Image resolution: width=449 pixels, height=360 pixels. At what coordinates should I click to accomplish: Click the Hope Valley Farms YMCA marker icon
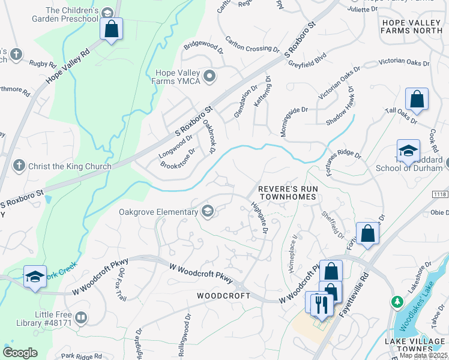coord(209,76)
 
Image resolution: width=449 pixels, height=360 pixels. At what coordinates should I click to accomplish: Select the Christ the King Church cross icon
coord(19,166)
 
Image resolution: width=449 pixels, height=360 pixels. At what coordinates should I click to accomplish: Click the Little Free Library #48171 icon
coord(81,317)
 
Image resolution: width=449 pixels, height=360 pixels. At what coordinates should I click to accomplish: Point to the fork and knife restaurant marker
coord(322,304)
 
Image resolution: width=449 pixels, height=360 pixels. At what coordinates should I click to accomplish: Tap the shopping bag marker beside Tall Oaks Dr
coord(417,100)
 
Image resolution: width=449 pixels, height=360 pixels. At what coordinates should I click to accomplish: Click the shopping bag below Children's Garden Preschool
coord(111,29)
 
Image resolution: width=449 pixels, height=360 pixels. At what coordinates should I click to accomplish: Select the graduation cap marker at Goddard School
coord(408,151)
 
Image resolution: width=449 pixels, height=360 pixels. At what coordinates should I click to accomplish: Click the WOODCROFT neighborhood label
coord(223,296)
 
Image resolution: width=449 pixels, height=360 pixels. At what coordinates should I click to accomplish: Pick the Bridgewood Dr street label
coord(203,44)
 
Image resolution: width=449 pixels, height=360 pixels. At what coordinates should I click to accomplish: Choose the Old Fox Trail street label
coord(122,284)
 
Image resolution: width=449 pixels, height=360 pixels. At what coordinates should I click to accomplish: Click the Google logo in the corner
coord(20,352)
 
